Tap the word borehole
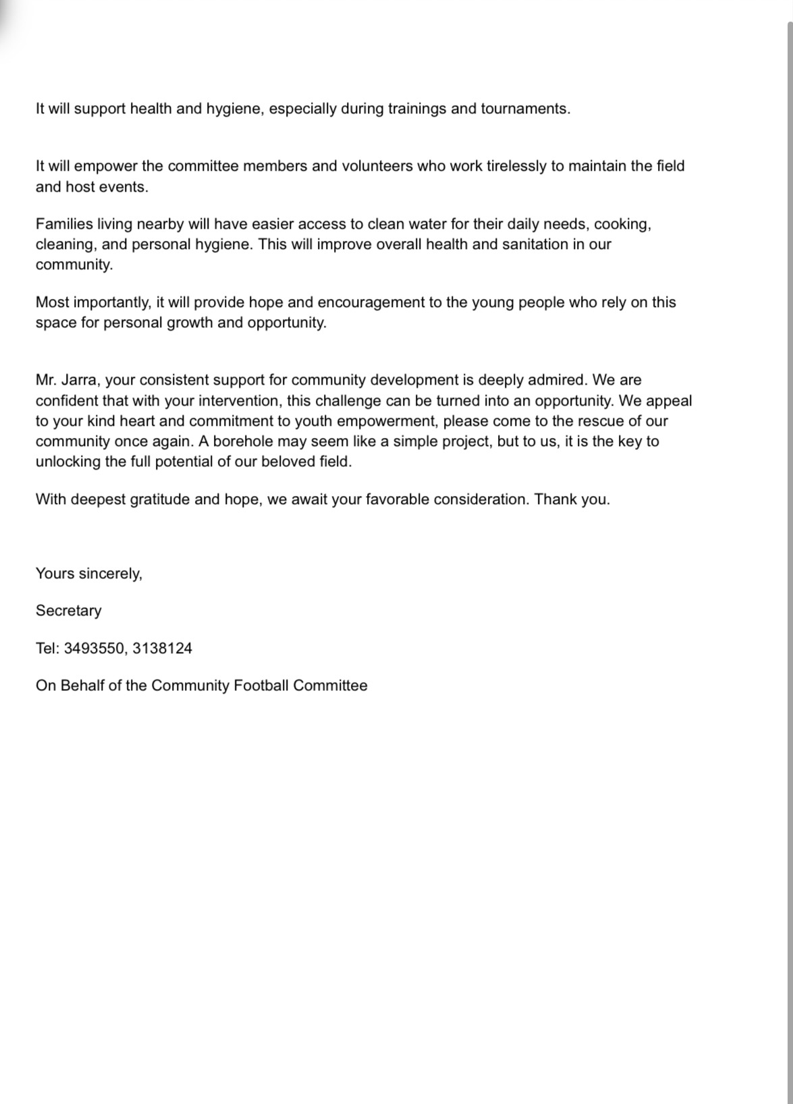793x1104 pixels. (243, 441)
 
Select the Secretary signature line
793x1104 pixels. (69, 611)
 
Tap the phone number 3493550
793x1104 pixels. (94, 648)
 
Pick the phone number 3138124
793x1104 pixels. (162, 648)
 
